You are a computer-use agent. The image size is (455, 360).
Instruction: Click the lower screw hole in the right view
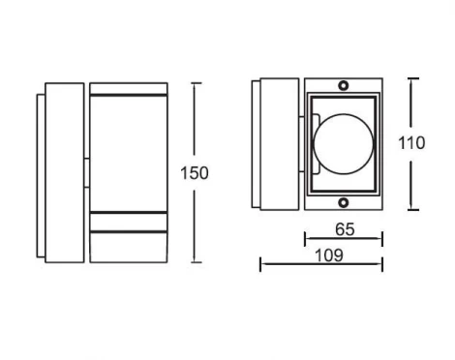[344, 202]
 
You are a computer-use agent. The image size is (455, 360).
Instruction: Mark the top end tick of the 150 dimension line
[197, 83]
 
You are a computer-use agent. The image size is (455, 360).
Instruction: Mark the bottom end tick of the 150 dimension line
[197, 262]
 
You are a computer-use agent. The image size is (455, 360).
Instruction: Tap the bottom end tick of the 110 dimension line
[413, 210]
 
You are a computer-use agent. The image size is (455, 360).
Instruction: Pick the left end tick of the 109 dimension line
[261, 264]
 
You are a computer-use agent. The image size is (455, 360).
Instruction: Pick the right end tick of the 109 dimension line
[381, 264]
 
